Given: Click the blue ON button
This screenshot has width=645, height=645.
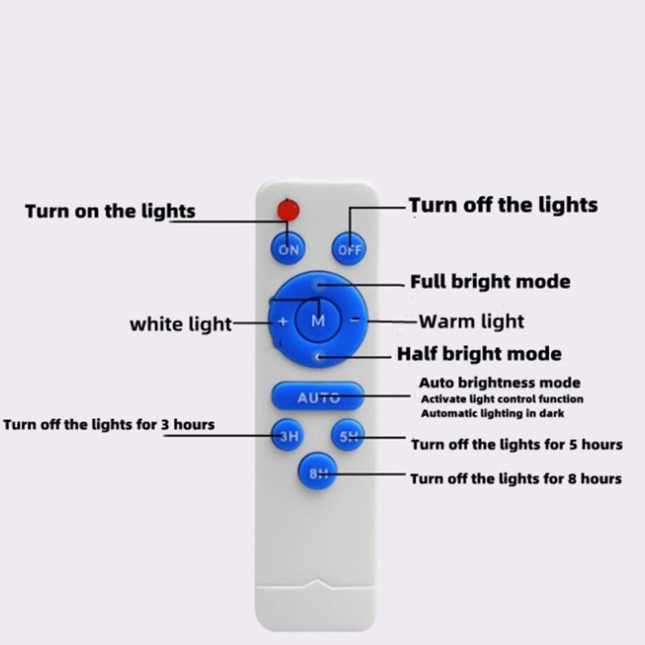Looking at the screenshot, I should click(288, 249).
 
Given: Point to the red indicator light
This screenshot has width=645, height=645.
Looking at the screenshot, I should click(288, 210).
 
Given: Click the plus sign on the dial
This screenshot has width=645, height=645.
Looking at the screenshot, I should click(282, 321).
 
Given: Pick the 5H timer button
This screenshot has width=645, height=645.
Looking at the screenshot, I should click(348, 436).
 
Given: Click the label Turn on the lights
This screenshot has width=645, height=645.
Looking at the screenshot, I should click(110, 211).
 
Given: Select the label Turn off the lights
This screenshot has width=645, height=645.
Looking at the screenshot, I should click(503, 205).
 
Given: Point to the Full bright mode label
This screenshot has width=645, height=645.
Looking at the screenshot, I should click(490, 282).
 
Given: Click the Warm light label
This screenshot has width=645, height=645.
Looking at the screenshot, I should click(471, 321).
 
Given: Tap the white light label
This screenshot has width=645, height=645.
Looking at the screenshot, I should click(181, 324).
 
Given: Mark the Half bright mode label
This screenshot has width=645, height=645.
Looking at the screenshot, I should click(479, 354).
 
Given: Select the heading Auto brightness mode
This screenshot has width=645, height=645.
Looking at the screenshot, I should click(499, 383).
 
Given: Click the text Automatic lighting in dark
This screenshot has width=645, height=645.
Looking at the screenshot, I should click(493, 413).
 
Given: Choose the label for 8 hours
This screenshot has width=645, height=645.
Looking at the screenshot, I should click(516, 479).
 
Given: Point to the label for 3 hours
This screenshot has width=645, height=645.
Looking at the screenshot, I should click(109, 424).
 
